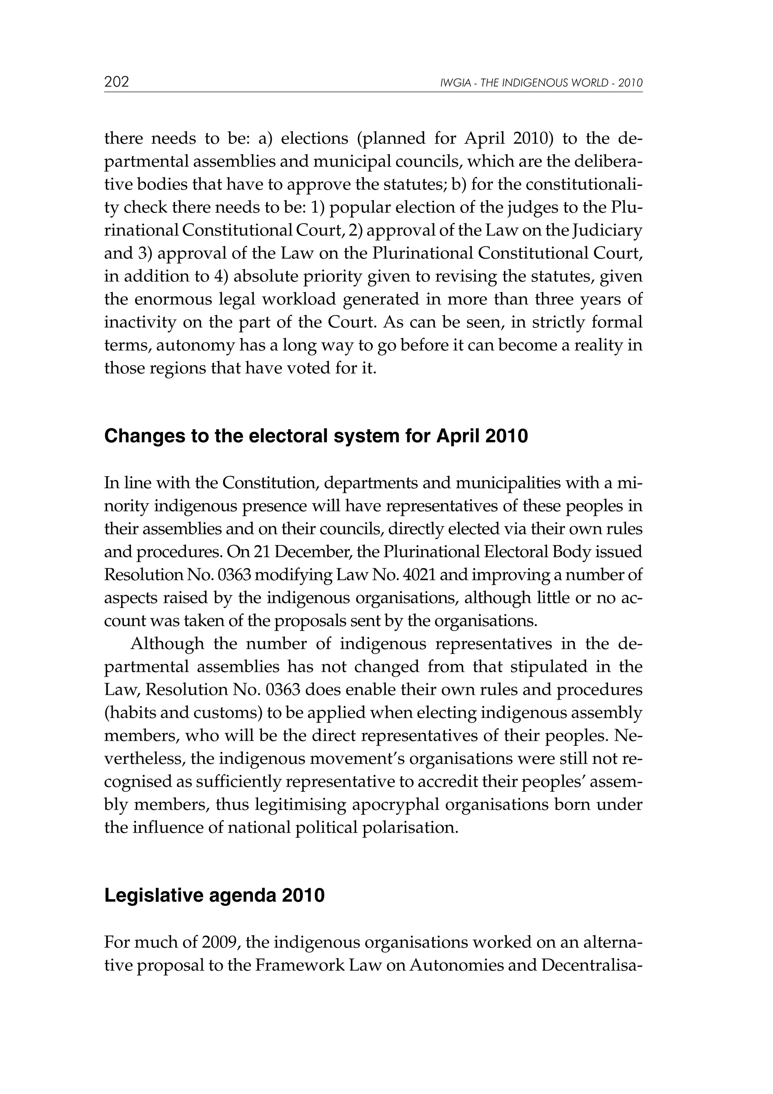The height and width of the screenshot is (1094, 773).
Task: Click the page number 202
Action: pos(117,82)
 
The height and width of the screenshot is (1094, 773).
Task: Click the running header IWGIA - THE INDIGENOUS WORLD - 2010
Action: pos(542,83)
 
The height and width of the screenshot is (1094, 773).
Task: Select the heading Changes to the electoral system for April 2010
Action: pos(316,436)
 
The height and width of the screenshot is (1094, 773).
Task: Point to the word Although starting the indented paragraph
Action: pos(167,644)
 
